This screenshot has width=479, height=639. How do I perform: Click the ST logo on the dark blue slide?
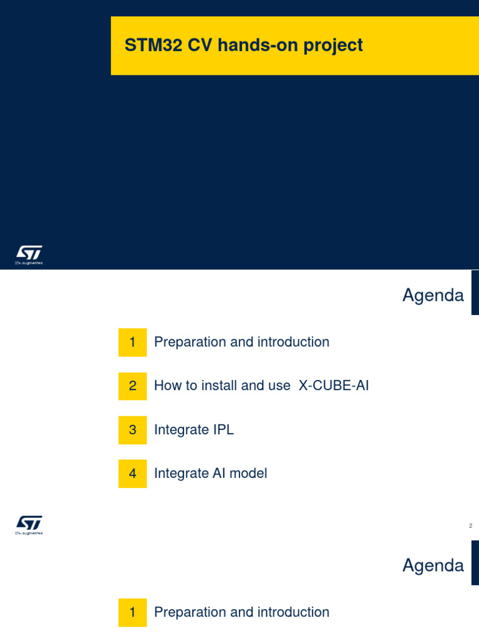(29, 254)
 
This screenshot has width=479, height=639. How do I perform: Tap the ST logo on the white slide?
(29, 524)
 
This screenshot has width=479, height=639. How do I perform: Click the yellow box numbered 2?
(132, 386)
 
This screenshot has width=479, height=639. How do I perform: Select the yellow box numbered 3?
(132, 430)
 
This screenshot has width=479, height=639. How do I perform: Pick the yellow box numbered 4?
(132, 474)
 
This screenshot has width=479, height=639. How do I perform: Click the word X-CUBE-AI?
(334, 386)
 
